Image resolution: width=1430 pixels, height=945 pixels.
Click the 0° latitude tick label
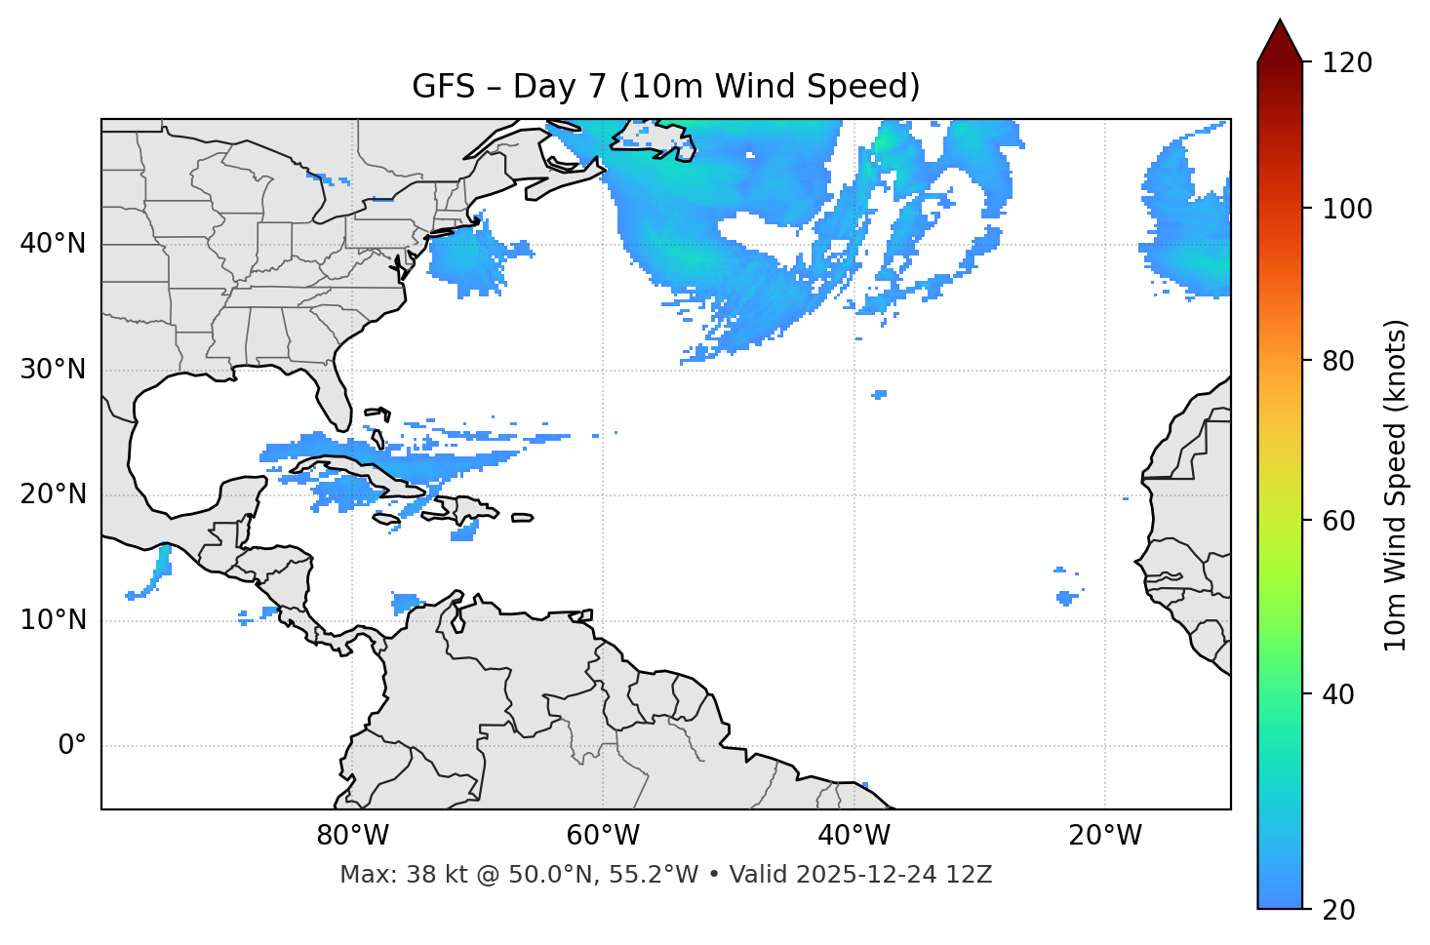click(72, 746)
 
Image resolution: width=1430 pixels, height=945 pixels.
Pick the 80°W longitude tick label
click(352, 836)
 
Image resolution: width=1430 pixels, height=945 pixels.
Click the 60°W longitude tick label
click(603, 836)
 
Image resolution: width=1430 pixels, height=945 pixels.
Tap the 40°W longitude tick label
click(854, 836)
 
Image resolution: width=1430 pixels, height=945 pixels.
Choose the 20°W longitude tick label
click(1104, 836)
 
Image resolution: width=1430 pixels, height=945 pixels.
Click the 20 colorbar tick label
click(1338, 909)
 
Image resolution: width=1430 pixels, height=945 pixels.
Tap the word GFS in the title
click(437, 87)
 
